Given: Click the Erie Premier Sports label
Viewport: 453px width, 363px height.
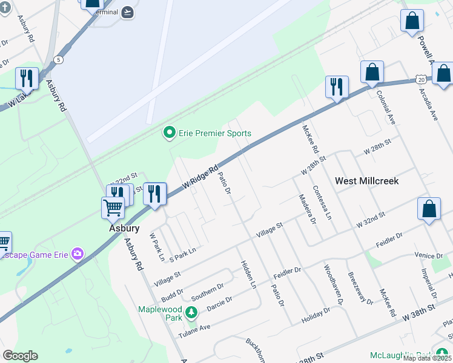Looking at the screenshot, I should [x=214, y=133].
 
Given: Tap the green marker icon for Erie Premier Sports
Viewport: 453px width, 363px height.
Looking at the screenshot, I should [x=170, y=132].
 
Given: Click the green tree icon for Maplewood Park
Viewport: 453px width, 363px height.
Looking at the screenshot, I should [x=191, y=313].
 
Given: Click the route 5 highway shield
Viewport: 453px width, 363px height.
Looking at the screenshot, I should [x=58, y=59].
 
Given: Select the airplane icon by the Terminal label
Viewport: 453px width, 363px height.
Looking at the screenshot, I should [x=128, y=12].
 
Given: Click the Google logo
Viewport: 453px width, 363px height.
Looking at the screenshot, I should [x=20, y=355].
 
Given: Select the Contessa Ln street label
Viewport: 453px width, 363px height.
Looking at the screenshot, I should [x=322, y=202].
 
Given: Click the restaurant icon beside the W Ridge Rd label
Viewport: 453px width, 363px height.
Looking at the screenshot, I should [x=154, y=194].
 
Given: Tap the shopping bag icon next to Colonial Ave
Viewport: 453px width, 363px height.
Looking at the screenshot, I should [x=372, y=72].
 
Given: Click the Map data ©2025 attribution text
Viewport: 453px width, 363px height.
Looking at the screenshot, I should [x=426, y=358].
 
